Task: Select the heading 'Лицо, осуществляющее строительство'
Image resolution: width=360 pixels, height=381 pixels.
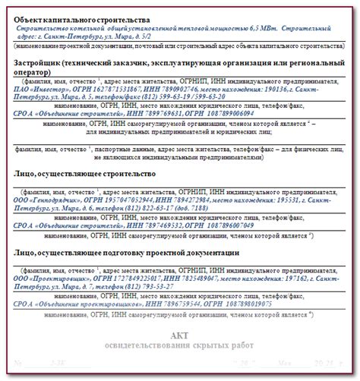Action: tap(85, 174)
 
